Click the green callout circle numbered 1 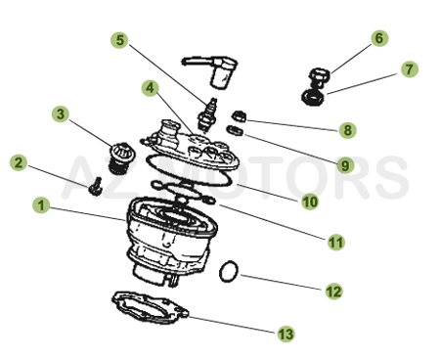41,205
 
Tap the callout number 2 19,162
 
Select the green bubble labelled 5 119,40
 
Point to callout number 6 379,38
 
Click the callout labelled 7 410,69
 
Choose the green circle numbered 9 345,165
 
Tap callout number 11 336,243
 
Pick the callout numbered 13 286,334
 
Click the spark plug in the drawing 207,115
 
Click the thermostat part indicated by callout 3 119,158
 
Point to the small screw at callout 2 96,187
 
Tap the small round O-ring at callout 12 229,271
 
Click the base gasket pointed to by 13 150,307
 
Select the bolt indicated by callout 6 320,77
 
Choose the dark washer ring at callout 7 313,98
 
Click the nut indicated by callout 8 240,116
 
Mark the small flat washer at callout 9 235,131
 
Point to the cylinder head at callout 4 191,146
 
